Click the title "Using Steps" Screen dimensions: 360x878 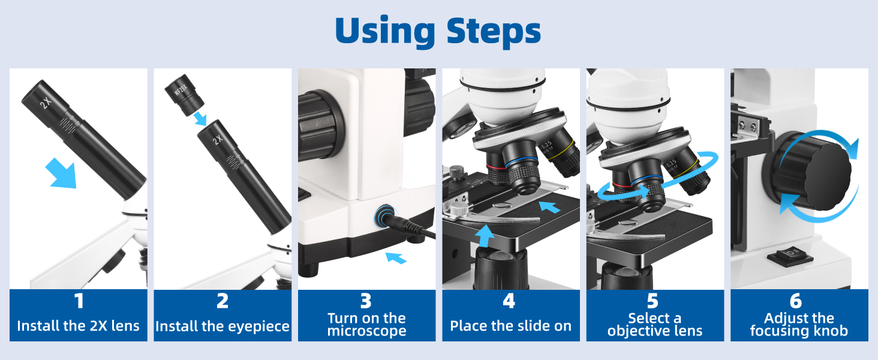coord(438,31)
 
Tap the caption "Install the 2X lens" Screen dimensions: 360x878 coord(79,326)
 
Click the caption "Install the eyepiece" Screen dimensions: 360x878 coord(222,326)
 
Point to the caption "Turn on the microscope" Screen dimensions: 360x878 coord(366,325)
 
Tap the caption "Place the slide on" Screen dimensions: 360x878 coord(510,326)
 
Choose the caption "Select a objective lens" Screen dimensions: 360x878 coord(654,325)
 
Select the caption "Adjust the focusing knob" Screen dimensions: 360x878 coord(799,325)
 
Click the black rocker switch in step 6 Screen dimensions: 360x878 coord(790,256)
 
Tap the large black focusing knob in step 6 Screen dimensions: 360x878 coord(816,171)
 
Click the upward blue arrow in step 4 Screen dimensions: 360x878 coord(486,235)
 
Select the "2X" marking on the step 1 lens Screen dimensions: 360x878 coord(45,103)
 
